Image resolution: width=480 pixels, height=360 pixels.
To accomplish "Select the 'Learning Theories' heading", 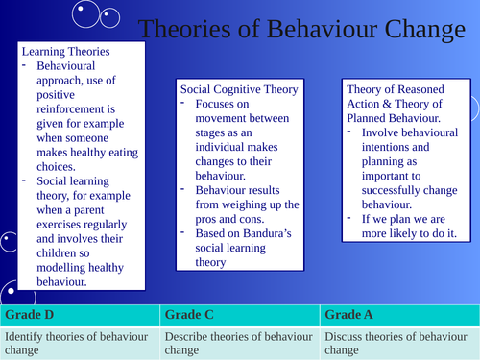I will pos(64,51).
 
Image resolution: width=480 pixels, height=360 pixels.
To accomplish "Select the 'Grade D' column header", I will pos(28,314).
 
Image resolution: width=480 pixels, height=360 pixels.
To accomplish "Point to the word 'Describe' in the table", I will pos(191,337).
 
